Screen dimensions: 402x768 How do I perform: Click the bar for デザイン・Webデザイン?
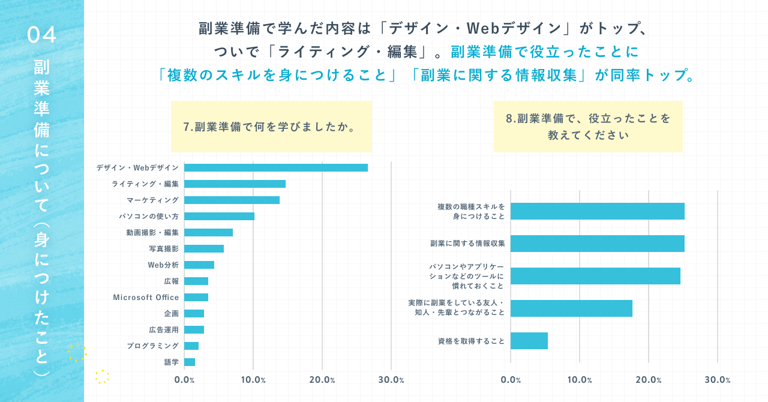[x=276, y=167]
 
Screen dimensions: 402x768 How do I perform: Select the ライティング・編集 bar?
[x=235, y=184]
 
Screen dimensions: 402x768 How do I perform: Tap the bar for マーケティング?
[x=232, y=200]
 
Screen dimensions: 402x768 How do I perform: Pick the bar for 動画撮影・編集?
[x=208, y=232]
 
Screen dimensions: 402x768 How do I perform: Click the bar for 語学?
[x=190, y=362]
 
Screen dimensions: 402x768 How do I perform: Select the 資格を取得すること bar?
[x=529, y=341]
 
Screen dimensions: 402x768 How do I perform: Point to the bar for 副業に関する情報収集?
[x=597, y=244]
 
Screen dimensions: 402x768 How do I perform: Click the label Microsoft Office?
[x=146, y=297]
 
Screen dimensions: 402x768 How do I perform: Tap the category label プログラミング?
[x=152, y=346]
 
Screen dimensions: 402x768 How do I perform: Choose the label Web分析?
[x=163, y=265]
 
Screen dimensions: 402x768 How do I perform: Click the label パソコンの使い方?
[x=149, y=216]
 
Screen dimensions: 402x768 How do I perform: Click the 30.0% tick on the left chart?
[x=391, y=380]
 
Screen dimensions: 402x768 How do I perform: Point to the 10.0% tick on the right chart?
[x=579, y=380]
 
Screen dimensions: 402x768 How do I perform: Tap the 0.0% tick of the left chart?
[x=184, y=380]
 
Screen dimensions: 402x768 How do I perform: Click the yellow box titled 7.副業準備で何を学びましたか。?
[x=271, y=126]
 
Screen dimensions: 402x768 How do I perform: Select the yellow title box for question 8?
[x=588, y=126]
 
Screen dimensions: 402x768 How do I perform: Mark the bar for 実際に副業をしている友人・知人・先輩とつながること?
[x=571, y=308]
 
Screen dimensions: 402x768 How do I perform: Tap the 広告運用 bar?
[x=194, y=329]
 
